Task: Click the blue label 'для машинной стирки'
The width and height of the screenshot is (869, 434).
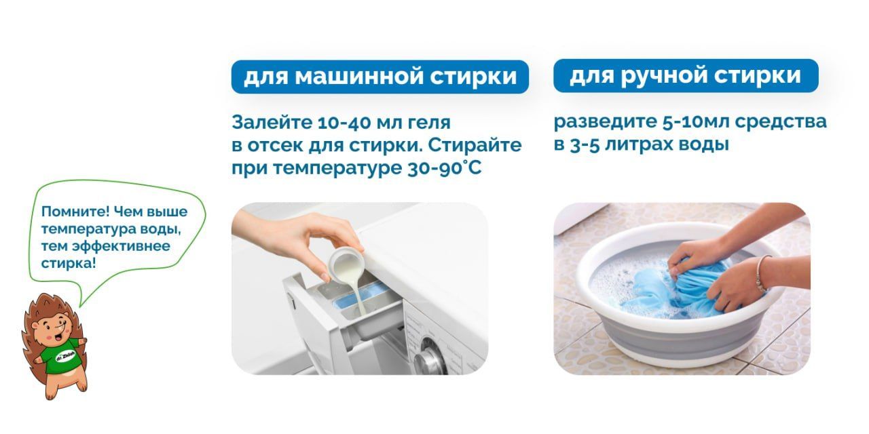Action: [380, 77]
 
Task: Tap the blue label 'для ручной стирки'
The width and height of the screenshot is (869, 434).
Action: [686, 75]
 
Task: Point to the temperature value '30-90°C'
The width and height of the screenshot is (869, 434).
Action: [445, 168]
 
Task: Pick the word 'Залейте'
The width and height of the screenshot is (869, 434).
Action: [272, 123]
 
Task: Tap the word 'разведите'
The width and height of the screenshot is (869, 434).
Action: [605, 122]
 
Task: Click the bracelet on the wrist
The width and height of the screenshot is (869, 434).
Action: [761, 273]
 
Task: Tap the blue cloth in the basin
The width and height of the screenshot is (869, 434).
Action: [679, 289]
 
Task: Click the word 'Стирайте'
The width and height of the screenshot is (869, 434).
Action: [475, 145]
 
